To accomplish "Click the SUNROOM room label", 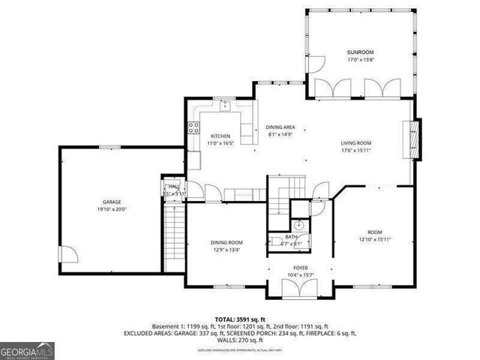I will click(355, 52).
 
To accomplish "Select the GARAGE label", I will click(112, 202).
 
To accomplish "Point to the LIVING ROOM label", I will click(356, 142).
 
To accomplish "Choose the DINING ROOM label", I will click(226, 242).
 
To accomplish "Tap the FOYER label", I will click(300, 268).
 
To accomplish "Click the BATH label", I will click(290, 238).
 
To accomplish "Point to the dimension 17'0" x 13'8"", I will click(355, 59).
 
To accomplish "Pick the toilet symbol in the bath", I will click(298, 223).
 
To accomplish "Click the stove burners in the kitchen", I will click(193, 127).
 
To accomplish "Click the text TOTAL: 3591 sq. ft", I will click(239, 319).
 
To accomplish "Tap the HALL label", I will click(173, 186).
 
